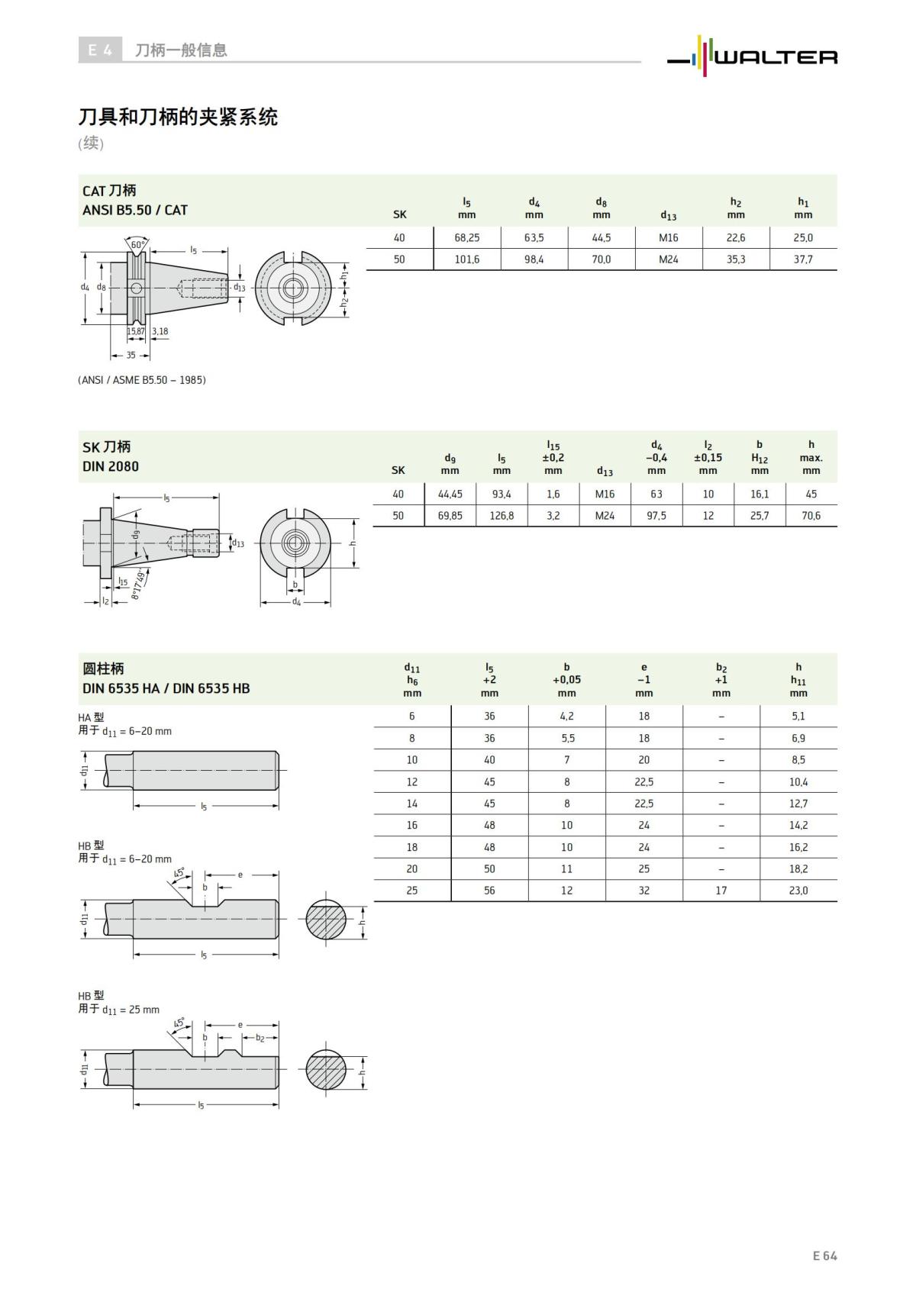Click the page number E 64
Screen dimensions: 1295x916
pos(824,1255)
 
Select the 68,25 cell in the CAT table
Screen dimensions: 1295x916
pos(466,237)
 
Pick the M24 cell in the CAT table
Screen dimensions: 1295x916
pos(668,259)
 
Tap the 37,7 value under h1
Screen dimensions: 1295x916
pos(803,259)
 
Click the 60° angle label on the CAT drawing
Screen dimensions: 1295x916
pos(137,245)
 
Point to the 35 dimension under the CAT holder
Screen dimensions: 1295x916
pos(131,356)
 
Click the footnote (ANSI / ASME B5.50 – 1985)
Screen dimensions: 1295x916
pos(142,379)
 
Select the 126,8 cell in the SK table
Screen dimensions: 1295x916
pos(502,516)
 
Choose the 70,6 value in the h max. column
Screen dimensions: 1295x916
pos(811,516)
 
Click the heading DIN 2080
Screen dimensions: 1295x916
pos(111,466)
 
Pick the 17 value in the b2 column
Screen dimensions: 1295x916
pos(721,891)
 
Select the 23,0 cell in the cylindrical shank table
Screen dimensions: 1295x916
pos(798,891)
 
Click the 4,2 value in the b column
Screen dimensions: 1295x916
pos(566,716)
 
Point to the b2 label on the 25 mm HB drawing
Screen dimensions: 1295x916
pos(260,1038)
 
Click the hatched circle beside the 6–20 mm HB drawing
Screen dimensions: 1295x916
pos(327,921)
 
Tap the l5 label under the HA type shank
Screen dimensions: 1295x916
pos(204,807)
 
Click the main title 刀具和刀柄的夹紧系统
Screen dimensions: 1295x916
pos(178,117)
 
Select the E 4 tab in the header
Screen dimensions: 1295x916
pos(99,50)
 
